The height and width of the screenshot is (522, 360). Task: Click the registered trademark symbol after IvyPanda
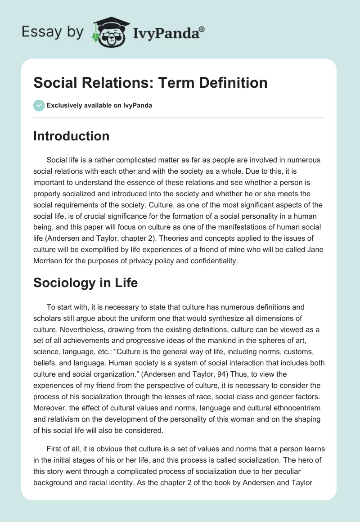pyautogui.click(x=202, y=29)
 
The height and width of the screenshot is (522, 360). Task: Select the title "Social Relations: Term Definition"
pyautogui.click(x=150, y=82)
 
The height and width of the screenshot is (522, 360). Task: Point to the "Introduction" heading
pyautogui.click(x=71, y=136)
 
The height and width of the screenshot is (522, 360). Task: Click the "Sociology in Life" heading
pyautogui.click(x=85, y=283)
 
